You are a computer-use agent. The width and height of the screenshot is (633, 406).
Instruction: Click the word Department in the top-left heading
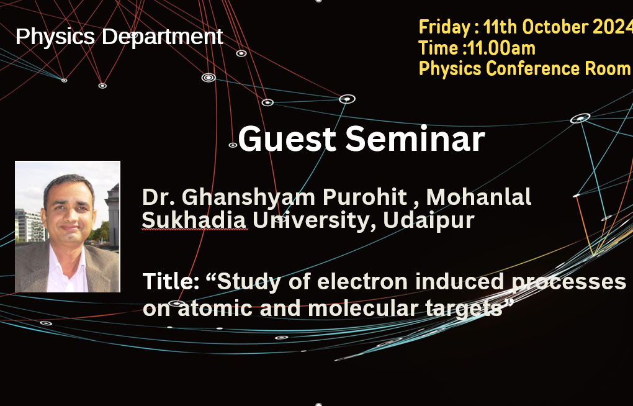162,37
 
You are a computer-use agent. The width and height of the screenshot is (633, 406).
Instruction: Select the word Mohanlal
478,197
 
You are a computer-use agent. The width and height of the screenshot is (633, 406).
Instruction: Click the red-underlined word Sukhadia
194,220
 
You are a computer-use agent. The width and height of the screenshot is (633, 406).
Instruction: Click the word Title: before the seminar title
171,281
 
